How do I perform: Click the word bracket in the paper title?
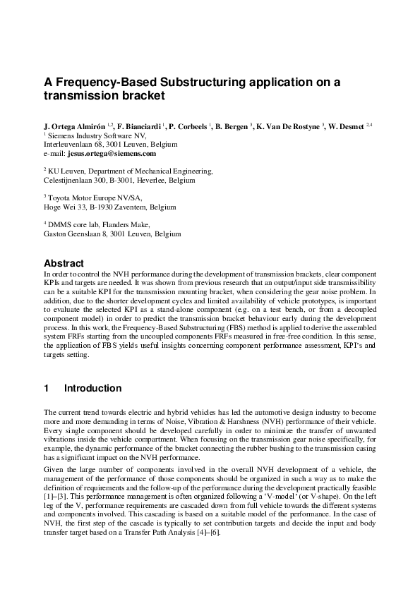140,95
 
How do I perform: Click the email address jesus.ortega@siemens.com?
116,152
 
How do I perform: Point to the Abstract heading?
64,263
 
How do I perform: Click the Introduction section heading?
92,388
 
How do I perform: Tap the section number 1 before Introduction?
47,388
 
